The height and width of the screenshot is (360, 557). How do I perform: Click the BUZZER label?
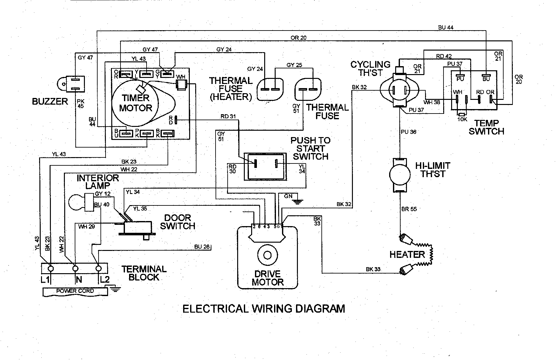tap(50, 101)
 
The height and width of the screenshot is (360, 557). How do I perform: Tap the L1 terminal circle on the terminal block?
tap(51, 269)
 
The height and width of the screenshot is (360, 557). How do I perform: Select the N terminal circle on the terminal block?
tap(75, 269)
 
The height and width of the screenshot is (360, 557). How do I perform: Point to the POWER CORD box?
tap(75, 291)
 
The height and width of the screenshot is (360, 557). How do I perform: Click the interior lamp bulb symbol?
tap(76, 202)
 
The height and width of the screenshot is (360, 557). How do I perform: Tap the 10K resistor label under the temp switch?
tap(462, 119)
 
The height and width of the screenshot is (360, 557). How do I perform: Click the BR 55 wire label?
tap(409, 209)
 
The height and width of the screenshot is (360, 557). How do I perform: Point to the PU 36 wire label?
tap(409, 132)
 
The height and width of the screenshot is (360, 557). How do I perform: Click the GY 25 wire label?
tap(294, 65)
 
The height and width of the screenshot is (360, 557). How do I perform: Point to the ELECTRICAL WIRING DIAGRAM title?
tap(264, 308)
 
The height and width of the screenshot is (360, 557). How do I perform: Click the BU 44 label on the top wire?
tap(446, 28)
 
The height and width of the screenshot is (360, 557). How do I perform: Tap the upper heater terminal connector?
tap(406, 239)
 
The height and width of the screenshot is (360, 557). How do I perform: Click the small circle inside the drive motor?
tap(267, 255)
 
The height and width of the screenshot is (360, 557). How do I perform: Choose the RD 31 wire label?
tap(228, 116)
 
